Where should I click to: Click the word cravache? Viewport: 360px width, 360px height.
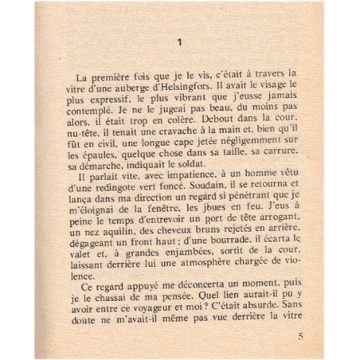195,143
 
